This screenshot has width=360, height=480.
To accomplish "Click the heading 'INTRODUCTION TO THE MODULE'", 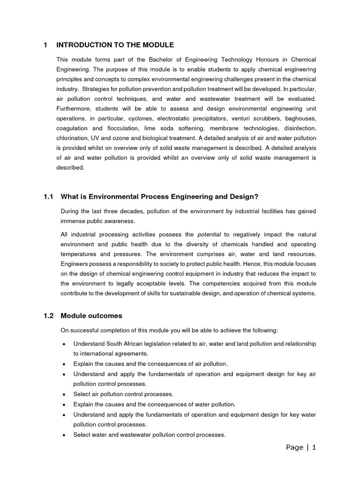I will coord(115,45).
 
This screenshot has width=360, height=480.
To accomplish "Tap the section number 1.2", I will coord(48,316).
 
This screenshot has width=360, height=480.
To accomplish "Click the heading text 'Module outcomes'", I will coord(91,316).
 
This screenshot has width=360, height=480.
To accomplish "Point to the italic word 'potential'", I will coord(209,234).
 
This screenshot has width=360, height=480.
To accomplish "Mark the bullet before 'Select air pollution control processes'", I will coord(63,394).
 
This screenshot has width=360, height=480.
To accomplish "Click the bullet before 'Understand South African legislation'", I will coord(63,344).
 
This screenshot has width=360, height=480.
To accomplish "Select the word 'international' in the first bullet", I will coord(98,353).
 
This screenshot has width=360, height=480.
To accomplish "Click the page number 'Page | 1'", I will coord(301,448).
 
